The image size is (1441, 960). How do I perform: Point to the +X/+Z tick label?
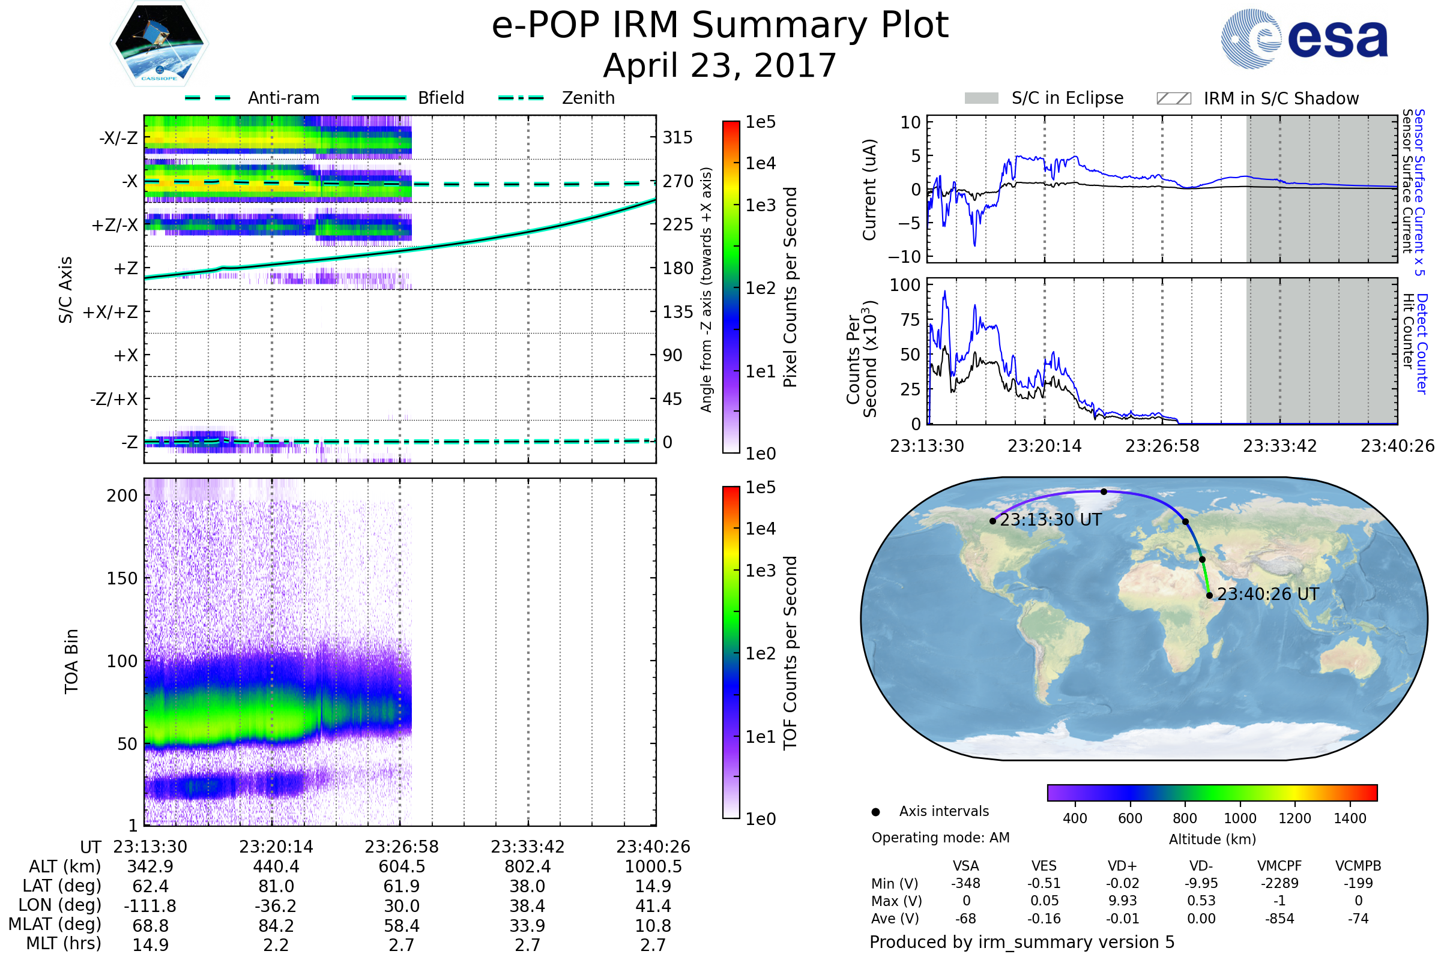[110, 312]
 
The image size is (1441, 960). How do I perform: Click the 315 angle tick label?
[677, 137]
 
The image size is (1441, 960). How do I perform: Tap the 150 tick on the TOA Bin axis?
[122, 578]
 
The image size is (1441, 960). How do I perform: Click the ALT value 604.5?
[401, 866]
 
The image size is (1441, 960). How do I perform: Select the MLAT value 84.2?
[276, 925]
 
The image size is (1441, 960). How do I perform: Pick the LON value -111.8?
[150, 905]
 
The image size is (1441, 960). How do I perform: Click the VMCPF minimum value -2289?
[1279, 883]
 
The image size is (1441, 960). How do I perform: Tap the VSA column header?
[965, 866]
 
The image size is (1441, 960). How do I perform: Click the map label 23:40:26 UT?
[1267, 595]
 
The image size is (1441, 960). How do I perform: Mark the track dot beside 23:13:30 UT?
[992, 521]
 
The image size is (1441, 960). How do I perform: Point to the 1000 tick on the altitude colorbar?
[1239, 818]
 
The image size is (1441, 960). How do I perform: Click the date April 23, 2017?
[719, 65]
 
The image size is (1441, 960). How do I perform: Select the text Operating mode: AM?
[940, 838]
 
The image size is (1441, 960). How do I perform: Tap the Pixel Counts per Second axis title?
[790, 287]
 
